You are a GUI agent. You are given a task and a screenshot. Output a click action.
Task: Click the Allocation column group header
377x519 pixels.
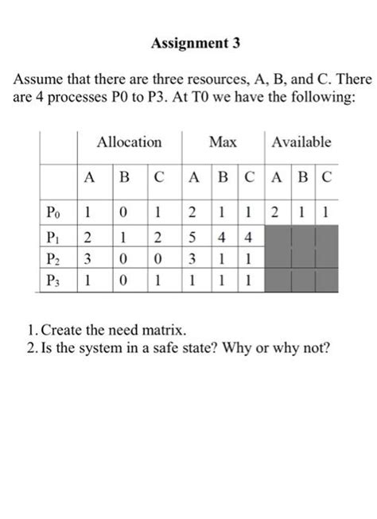point(129,142)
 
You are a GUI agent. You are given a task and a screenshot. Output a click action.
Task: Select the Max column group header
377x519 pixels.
point(223,142)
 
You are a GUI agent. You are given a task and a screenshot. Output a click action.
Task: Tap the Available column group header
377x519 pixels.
point(301,142)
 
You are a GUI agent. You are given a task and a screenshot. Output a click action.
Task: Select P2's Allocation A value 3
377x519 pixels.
point(90,258)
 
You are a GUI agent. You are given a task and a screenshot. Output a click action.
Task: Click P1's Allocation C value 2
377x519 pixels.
point(160,236)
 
